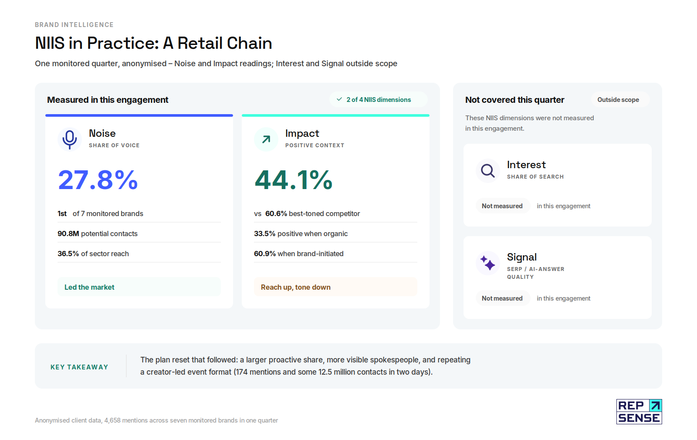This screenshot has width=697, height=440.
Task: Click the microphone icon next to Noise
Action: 69,139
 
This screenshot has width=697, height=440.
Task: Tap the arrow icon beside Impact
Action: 266,139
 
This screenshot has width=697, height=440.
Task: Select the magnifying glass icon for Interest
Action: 487,170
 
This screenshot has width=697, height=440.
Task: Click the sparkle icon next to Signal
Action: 487,263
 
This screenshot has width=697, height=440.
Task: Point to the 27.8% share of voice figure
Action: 98,180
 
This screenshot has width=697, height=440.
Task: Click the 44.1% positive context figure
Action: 294,180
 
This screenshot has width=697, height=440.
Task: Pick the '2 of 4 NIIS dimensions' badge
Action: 379,100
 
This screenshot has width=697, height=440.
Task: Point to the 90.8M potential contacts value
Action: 68,234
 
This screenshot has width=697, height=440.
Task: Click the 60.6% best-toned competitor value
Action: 276,214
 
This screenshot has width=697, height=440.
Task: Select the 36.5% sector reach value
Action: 68,254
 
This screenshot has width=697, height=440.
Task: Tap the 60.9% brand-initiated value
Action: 265,254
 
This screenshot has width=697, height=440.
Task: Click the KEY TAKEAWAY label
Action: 79,367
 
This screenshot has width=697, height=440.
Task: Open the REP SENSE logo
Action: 639,411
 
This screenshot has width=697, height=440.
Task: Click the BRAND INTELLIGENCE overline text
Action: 74,25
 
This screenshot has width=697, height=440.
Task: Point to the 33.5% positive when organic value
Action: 264,234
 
